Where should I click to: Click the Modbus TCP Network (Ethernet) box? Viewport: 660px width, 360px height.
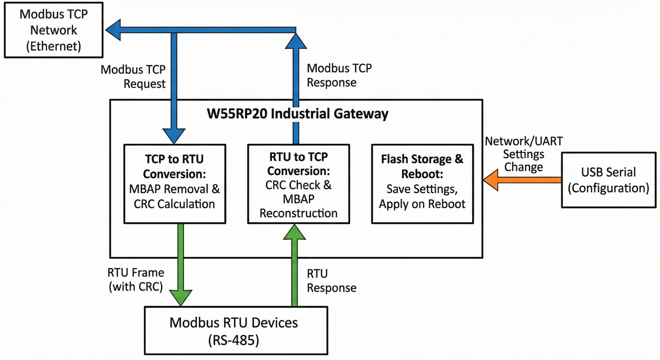tap(53, 30)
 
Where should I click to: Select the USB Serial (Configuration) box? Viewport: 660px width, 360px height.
tap(608, 180)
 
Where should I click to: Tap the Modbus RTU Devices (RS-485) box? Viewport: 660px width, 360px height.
tap(236, 331)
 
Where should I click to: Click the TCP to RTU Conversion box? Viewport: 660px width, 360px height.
tap(174, 183)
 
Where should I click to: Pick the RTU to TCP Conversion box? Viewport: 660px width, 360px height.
tap(298, 184)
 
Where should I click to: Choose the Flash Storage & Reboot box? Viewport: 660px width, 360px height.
tap(422, 183)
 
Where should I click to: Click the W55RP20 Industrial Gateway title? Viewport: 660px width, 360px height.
tap(298, 113)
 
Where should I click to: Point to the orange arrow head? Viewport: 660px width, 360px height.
tap(491, 180)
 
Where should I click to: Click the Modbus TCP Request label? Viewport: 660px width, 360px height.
tap(133, 77)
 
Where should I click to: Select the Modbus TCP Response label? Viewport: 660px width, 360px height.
tap(339, 75)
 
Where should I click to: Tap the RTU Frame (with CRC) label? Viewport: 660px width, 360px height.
tap(136, 279)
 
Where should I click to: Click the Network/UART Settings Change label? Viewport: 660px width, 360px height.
tap(524, 154)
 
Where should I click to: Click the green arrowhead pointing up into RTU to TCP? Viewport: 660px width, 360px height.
tap(294, 232)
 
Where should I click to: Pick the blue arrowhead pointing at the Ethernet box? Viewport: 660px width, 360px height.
tap(113, 30)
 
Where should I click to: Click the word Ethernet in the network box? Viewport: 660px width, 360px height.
tap(53, 46)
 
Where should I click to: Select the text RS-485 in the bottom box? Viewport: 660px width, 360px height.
tap(234, 340)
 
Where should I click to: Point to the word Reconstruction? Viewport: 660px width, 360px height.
tap(298, 213)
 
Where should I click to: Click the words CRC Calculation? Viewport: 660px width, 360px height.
tap(174, 204)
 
